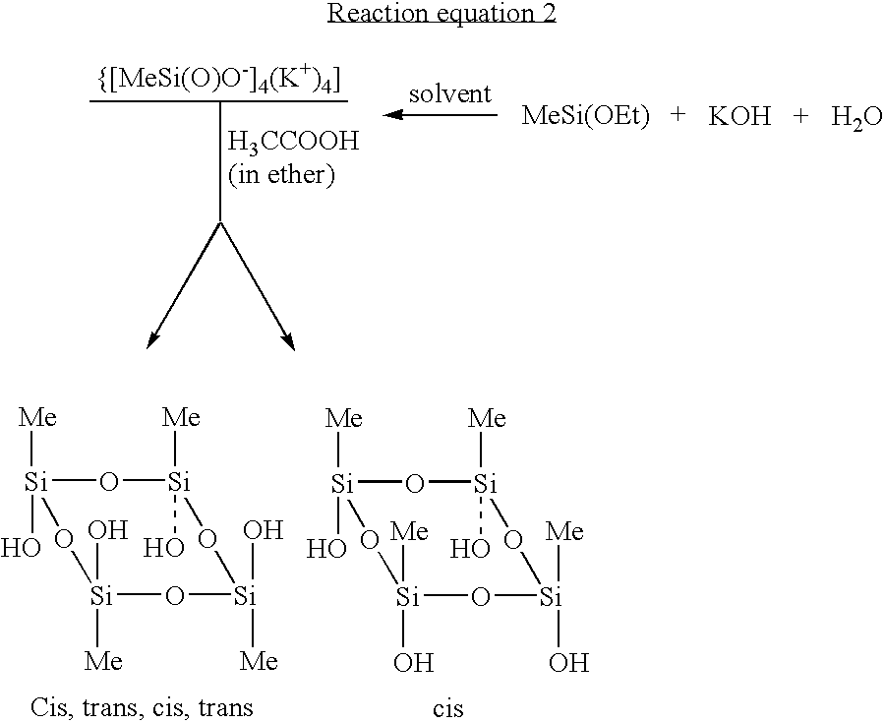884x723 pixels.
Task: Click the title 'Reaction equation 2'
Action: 442,14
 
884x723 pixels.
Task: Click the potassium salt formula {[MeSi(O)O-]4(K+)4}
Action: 218,80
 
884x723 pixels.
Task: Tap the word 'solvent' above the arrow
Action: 450,93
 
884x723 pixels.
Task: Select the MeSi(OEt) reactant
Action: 585,116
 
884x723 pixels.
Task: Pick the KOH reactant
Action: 739,116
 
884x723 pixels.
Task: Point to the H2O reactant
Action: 856,117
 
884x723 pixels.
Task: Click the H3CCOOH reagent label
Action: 293,141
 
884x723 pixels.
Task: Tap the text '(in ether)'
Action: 281,174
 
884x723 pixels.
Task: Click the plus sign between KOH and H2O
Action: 800,116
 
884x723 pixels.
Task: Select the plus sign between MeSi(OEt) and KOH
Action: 678,115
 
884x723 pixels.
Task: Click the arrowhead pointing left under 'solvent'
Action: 392,115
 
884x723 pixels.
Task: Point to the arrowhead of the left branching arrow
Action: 151,340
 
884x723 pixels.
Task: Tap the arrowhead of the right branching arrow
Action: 289,340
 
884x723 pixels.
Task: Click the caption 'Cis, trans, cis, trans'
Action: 142,706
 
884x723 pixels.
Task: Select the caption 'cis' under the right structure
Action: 448,708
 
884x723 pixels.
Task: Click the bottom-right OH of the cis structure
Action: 569,663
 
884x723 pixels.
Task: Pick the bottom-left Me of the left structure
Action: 103,660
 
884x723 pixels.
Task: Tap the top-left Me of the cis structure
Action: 344,418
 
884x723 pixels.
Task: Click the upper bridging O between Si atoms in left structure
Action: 109,482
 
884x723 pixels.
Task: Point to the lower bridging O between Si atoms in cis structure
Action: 480,597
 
